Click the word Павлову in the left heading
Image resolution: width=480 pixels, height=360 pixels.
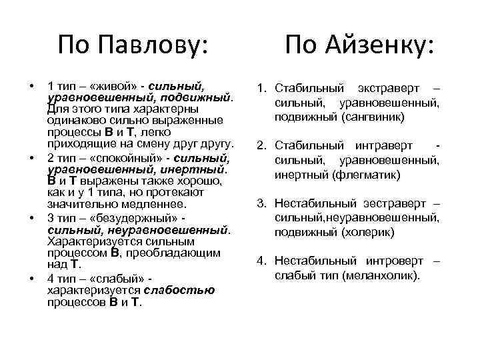tap(153, 45)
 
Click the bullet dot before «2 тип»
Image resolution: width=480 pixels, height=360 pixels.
tap(31, 159)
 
